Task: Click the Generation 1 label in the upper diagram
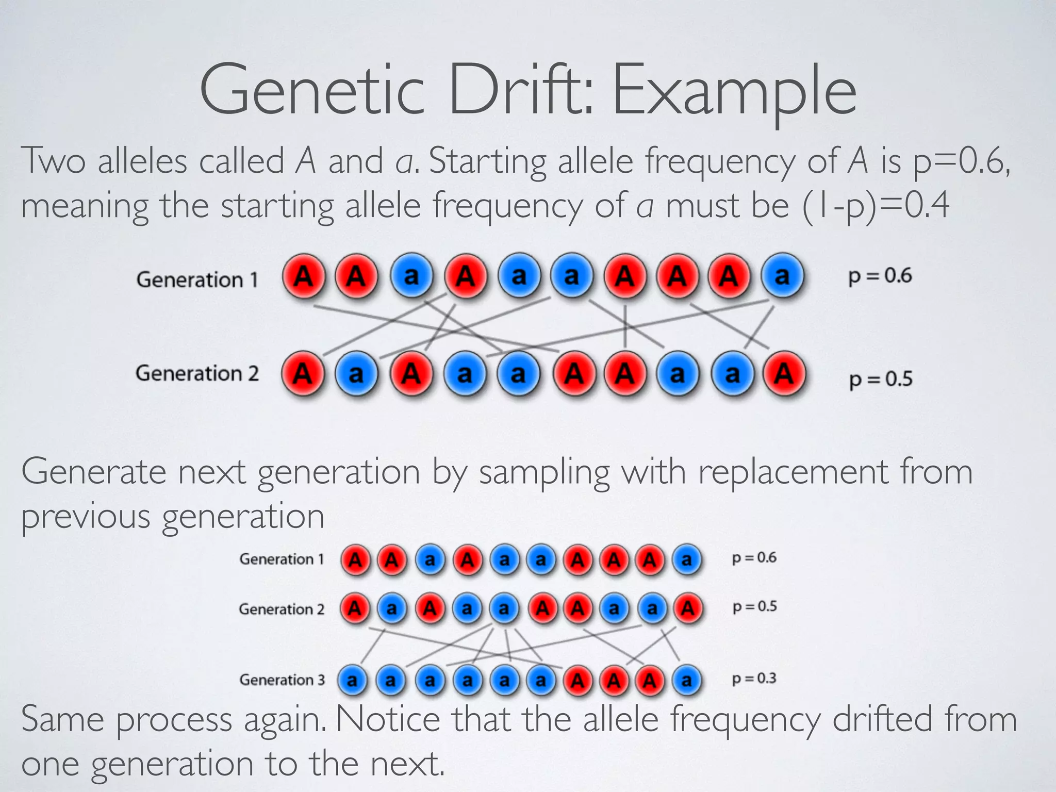[197, 280]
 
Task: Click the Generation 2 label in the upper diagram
[197, 373]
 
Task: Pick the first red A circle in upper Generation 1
[304, 276]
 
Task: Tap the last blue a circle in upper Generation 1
[782, 276]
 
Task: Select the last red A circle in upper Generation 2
[784, 373]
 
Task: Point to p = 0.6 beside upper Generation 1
[880, 276]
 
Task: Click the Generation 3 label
[282, 680]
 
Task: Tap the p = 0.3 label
[754, 679]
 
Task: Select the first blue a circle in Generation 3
[353, 681]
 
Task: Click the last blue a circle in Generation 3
[686, 681]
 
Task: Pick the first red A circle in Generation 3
[577, 681]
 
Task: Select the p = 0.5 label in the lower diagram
[754, 607]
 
